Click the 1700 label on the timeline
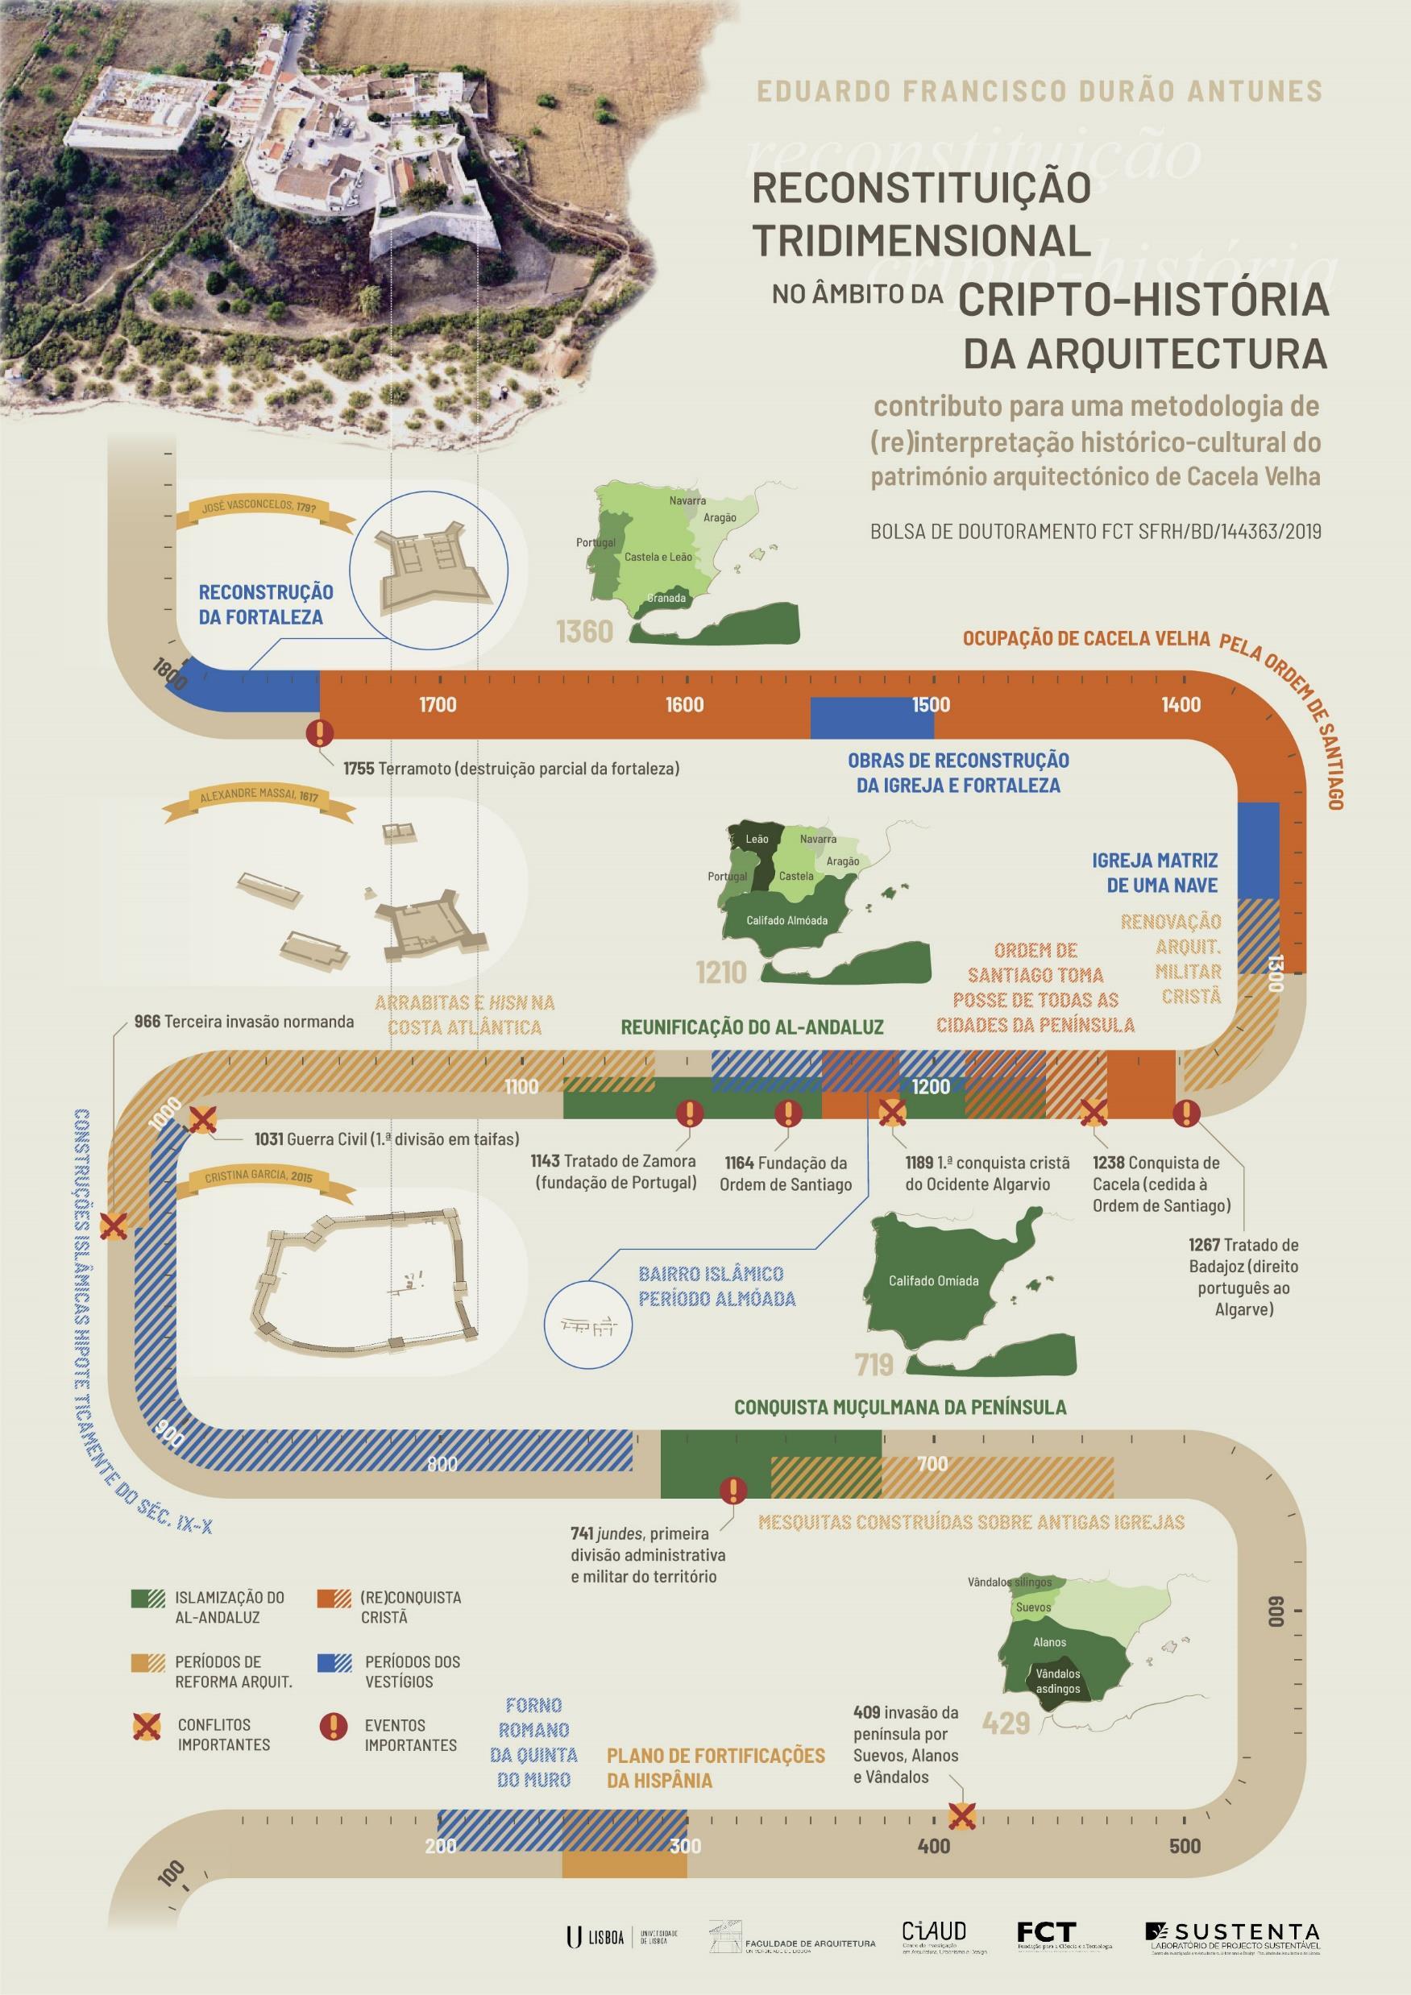(x=437, y=705)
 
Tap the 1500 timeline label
(x=931, y=705)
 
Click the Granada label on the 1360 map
(x=666, y=598)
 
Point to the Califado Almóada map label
(x=787, y=920)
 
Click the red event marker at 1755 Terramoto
(x=320, y=733)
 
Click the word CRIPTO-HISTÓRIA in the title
(x=1143, y=300)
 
